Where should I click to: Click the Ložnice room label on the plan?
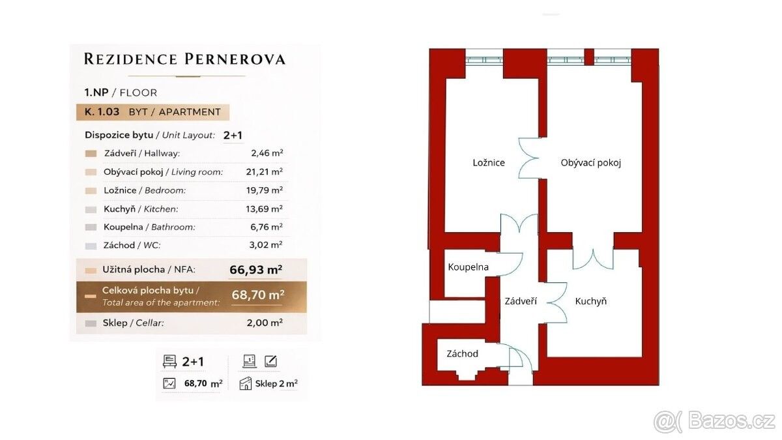pyautogui.click(x=489, y=163)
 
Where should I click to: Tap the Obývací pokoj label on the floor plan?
pyautogui.click(x=590, y=163)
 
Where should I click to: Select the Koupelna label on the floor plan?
pyautogui.click(x=468, y=267)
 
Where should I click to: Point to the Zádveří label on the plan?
pyautogui.click(x=521, y=301)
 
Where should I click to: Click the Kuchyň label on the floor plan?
pyautogui.click(x=590, y=301)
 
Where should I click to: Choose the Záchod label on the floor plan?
pyautogui.click(x=462, y=354)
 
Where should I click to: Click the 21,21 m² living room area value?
pyautogui.click(x=265, y=172)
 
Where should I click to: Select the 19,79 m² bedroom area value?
pyautogui.click(x=265, y=190)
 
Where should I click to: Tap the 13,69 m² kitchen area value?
pyautogui.click(x=265, y=209)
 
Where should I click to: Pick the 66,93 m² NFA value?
pyautogui.click(x=256, y=270)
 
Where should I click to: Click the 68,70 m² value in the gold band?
pyautogui.click(x=257, y=295)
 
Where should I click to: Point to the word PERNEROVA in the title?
pyautogui.click(x=235, y=59)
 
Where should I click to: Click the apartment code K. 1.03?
pyautogui.click(x=102, y=112)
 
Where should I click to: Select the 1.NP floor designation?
pyautogui.click(x=96, y=93)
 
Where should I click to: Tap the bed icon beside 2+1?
pyautogui.click(x=169, y=361)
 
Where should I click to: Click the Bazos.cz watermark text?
pyautogui.click(x=731, y=422)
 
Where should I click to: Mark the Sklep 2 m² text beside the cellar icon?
pyautogui.click(x=276, y=384)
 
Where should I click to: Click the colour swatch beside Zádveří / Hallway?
pyautogui.click(x=91, y=154)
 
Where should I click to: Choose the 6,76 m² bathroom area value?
pyautogui.click(x=267, y=227)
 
